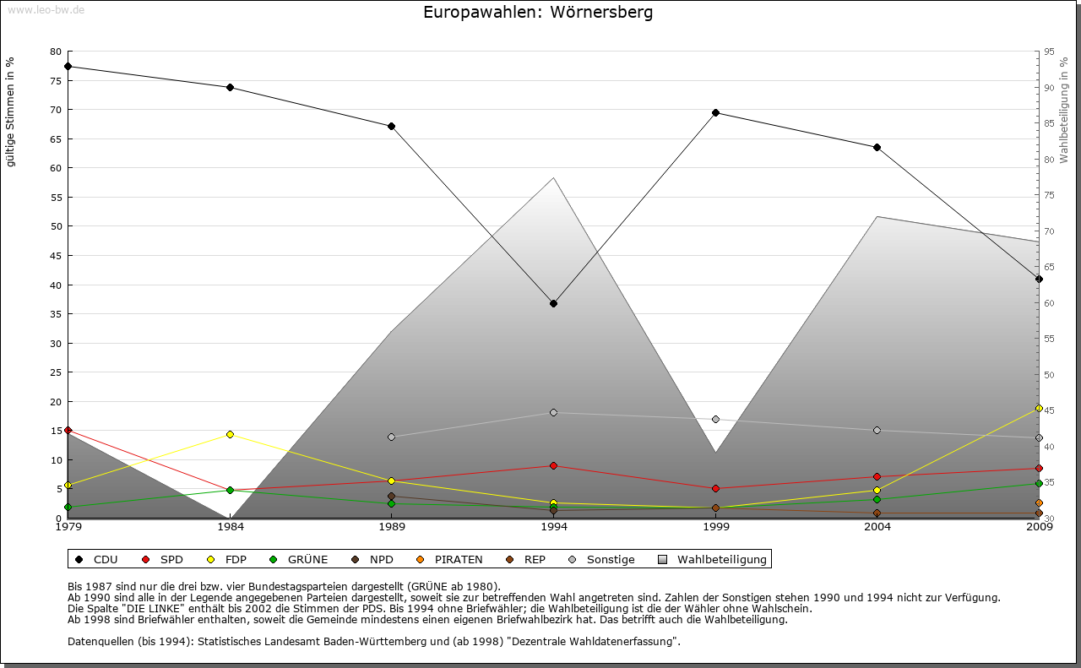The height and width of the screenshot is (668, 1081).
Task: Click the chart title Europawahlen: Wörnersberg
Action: [538, 13]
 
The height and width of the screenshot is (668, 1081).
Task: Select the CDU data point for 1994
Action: [553, 303]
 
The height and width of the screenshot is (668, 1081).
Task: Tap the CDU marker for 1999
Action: [715, 112]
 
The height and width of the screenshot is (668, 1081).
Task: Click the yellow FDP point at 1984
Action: [230, 434]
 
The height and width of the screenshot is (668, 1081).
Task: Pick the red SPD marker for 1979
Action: [68, 431]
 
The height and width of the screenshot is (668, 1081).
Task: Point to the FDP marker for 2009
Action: [1039, 408]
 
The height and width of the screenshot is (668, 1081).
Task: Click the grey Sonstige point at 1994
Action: [553, 412]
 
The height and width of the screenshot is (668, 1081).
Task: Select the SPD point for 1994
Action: [553, 465]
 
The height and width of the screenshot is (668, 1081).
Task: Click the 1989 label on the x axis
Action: [392, 527]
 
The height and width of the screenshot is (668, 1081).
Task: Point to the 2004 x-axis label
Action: [877, 527]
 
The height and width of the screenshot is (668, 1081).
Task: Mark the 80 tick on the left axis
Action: [56, 52]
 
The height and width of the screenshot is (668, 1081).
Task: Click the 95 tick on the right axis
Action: [1049, 52]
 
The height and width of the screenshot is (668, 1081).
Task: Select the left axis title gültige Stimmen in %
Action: [11, 111]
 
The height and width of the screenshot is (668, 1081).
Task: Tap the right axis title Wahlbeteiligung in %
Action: [1064, 111]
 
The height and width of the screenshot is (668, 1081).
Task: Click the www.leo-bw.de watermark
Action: [45, 9]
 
